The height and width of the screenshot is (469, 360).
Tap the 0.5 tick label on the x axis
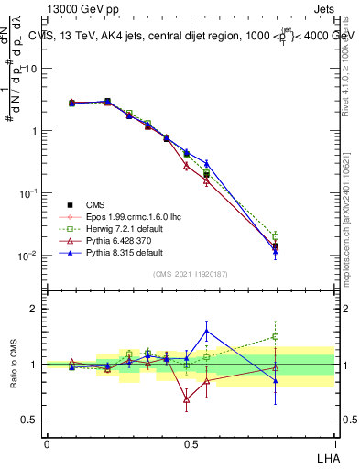tap(191, 442)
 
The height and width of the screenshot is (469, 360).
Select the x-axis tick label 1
tap(333, 442)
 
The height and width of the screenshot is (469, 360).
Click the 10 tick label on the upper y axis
tap(31, 69)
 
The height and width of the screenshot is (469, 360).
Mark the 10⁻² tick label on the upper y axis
tap(29, 256)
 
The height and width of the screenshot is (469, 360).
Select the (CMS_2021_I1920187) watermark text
tap(191, 274)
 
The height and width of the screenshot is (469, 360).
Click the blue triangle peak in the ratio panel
tap(206, 331)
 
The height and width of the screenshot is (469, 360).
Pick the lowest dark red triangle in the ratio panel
tap(187, 399)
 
